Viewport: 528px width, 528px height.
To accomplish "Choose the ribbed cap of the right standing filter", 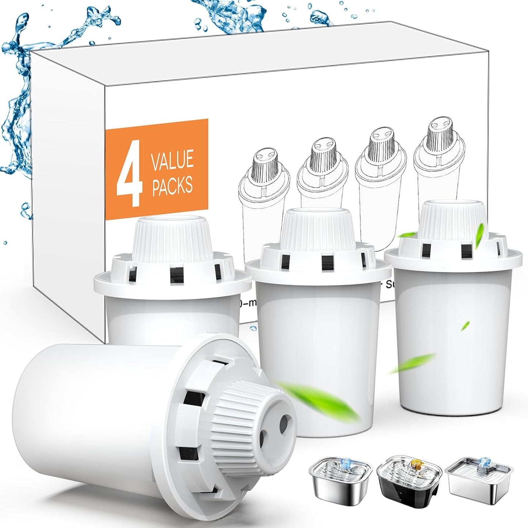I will pyautogui.click(x=453, y=219).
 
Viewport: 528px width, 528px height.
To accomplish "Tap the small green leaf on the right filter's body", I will pyautogui.click(x=466, y=325).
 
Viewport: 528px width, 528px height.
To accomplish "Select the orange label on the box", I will pyautogui.click(x=157, y=170).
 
